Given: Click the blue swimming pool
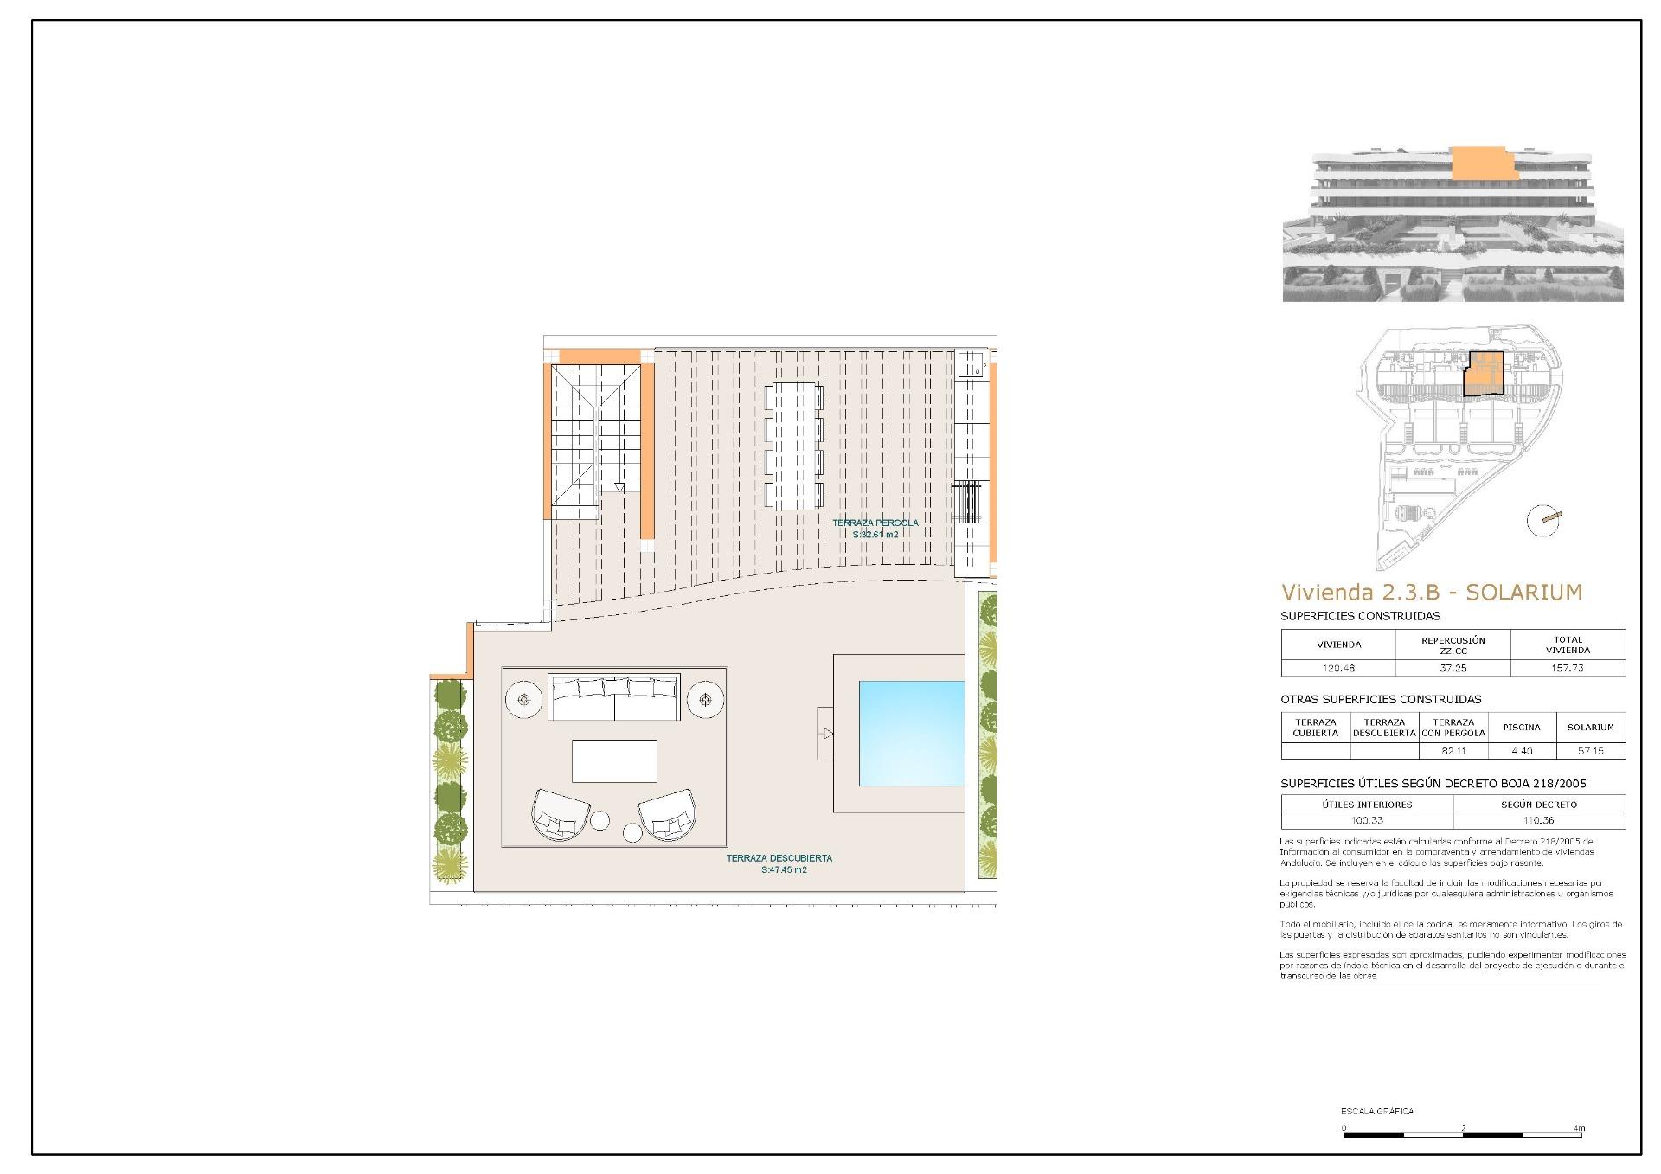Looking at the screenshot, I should click(x=911, y=733).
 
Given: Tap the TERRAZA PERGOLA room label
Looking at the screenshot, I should click(x=875, y=529).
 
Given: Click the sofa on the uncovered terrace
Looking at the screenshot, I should click(x=614, y=697).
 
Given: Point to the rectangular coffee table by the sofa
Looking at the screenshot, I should click(x=614, y=760).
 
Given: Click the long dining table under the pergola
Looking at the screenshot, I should click(x=794, y=446).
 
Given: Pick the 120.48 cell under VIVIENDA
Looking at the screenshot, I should click(x=1337, y=668).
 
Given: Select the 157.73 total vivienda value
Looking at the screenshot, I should click(x=1567, y=668).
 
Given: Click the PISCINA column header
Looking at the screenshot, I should click(x=1521, y=728).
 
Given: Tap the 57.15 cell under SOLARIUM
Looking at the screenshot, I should click(x=1590, y=751).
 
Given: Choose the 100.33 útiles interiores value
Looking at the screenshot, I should click(x=1367, y=820).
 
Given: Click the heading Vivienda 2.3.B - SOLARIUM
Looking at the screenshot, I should click(x=1431, y=593).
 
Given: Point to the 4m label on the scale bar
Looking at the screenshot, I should click(x=1579, y=1128).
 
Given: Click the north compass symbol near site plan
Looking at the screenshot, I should click(x=1543, y=520).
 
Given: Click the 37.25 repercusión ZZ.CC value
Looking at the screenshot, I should click(x=1453, y=668).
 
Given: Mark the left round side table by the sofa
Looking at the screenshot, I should click(x=523, y=698).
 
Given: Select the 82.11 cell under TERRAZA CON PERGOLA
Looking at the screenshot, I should click(x=1453, y=751).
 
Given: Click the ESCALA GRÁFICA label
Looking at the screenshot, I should click(x=1377, y=1111).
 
